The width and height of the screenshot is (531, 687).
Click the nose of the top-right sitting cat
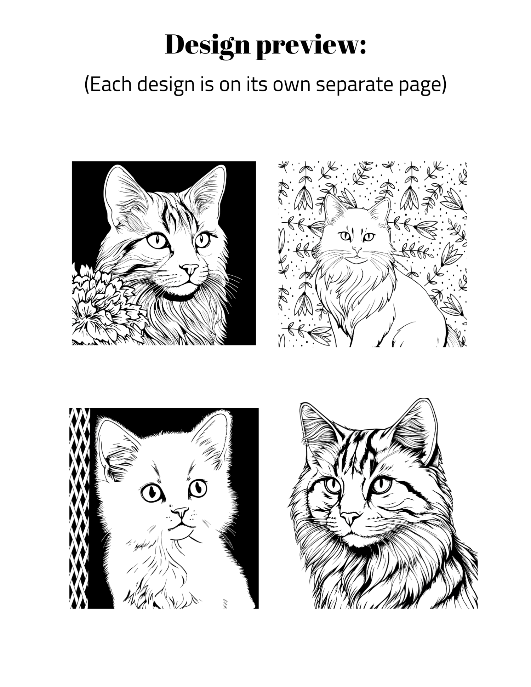(x=357, y=250)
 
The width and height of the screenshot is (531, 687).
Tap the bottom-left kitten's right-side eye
(x=198, y=488)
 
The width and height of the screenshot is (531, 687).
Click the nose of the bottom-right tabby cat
(x=350, y=518)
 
